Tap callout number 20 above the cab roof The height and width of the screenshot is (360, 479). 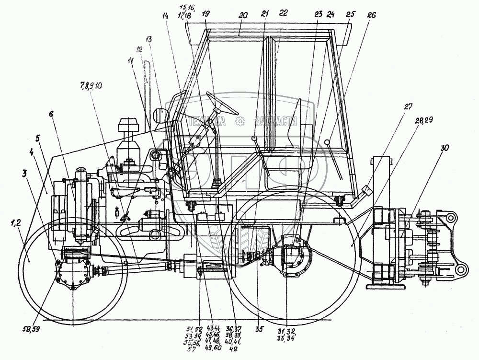click(243, 14)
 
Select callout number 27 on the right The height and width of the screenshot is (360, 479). click(408, 106)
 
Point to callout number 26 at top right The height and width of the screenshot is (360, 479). click(372, 15)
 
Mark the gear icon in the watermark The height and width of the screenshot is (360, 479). click(240, 122)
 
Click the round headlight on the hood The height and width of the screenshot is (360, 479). click(160, 116)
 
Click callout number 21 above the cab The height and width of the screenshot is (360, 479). click(265, 14)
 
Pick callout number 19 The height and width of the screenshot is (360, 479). click(205, 14)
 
